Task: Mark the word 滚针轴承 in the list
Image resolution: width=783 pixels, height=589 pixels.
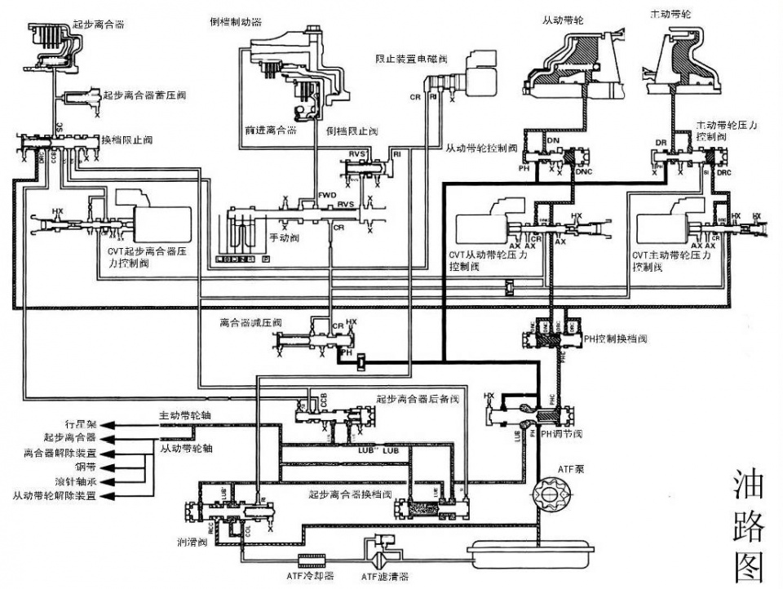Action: [77, 481]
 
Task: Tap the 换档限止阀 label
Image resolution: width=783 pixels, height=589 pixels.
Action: [122, 140]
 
